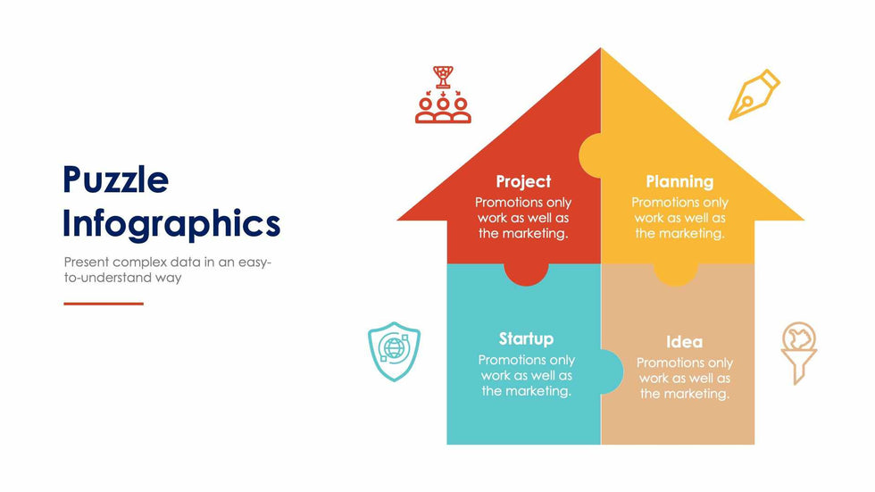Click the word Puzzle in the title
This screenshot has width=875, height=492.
[x=115, y=180]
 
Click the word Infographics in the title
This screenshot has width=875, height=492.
[x=171, y=225]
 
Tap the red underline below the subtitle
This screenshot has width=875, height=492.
[x=104, y=304]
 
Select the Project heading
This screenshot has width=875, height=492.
[x=523, y=181]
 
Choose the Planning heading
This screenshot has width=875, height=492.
[x=679, y=181]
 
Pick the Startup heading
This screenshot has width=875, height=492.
[x=526, y=338]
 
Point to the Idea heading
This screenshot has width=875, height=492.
[x=684, y=341]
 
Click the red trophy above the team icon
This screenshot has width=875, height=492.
[x=443, y=77]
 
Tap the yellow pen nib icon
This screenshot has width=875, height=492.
[x=754, y=95]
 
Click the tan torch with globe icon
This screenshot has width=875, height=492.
[x=798, y=353]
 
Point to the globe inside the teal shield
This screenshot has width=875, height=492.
[x=394, y=348]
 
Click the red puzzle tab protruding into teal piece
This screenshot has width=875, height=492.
[x=526, y=274]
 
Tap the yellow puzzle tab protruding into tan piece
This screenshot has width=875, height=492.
[x=676, y=274]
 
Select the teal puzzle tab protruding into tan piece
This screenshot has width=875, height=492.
[x=612, y=371]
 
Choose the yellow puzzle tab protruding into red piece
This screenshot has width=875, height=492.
[x=590, y=155]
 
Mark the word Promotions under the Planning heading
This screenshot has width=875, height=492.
[x=655, y=202]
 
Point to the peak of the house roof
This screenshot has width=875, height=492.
[x=601, y=49]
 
